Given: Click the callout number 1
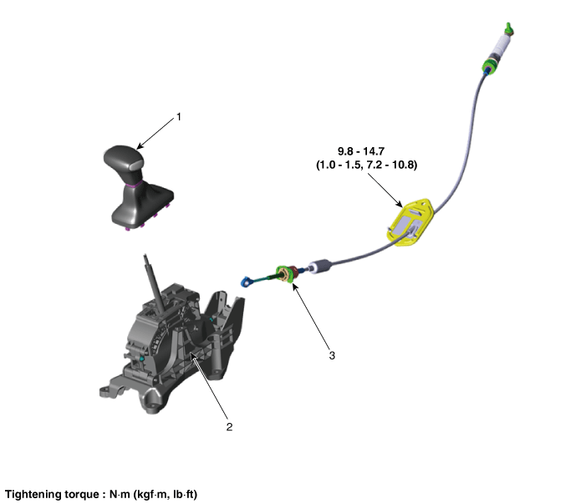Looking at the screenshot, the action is coord(179,117).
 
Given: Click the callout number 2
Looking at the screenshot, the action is coord(229,426).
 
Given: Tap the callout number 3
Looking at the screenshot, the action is coord(332,355).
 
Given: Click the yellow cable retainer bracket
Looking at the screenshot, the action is coord(410,223).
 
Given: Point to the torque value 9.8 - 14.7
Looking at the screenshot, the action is coord(361,151).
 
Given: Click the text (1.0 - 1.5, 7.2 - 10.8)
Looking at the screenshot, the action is coord(367,165).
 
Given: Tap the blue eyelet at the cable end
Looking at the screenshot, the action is coord(247,281).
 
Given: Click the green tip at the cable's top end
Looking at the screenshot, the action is coord(508,28).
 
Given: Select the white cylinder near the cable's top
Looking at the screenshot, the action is coord(501,44).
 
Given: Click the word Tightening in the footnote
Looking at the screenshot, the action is coord(33,495).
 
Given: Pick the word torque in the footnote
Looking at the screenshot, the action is coord(82,495).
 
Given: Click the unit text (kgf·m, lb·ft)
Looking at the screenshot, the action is coord(165,495).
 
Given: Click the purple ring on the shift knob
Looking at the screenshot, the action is coord(134,184).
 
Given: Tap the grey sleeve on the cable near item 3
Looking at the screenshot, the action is coord(320,266).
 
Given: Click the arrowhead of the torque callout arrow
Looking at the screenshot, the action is coord(400,205).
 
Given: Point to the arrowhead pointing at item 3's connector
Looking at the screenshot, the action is coord(294,287).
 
